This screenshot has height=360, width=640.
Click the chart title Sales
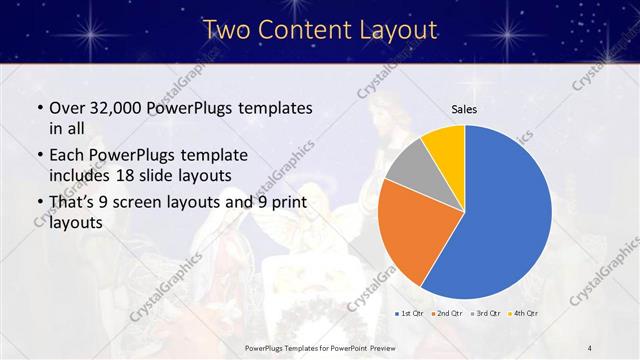pyautogui.click(x=464, y=110)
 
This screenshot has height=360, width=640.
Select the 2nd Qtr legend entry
pyautogui.click(x=447, y=314)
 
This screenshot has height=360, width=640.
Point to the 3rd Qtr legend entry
pyautogui.click(x=487, y=314)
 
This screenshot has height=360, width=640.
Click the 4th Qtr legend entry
pyautogui.click(x=525, y=314)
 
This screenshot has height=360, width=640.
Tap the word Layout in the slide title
pyautogui.click(x=390, y=30)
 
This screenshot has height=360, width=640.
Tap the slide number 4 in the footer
pyautogui.click(x=590, y=347)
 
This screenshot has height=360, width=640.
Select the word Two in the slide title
pyautogui.click(x=225, y=30)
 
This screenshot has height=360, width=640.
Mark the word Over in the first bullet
pyautogui.click(x=67, y=107)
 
